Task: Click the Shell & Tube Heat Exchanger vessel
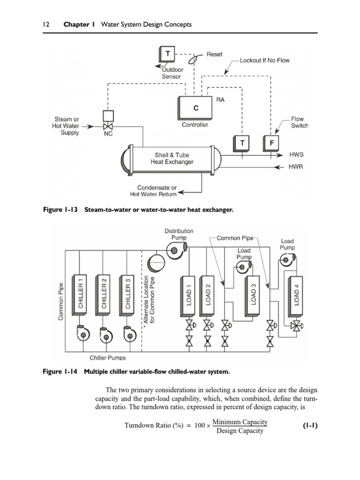pyautogui.click(x=172, y=158)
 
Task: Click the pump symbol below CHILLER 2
pyautogui.click(x=104, y=332)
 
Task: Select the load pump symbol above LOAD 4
pyautogui.click(x=286, y=258)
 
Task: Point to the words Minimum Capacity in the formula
pyautogui.click(x=240, y=422)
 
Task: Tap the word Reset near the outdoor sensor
pyautogui.click(x=214, y=54)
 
